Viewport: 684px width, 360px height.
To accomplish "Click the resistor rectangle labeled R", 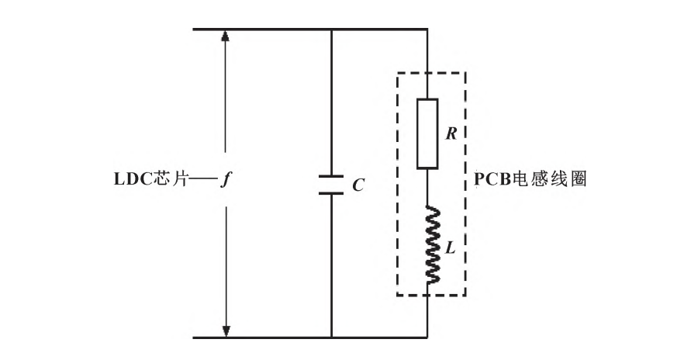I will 427,133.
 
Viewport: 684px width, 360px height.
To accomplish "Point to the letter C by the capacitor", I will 358,187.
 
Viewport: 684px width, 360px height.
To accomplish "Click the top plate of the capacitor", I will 332,175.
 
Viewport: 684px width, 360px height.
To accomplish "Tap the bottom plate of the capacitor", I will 332,194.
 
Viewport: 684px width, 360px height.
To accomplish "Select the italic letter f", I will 223,180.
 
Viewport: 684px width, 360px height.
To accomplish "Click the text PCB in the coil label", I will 487,179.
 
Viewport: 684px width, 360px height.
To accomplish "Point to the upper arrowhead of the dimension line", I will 226,36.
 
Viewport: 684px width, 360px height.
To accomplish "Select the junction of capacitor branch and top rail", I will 332,30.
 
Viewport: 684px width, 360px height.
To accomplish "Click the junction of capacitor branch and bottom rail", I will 332,337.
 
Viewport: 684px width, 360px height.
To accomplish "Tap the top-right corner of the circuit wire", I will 427,30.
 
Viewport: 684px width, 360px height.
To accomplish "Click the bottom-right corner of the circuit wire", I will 427,337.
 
